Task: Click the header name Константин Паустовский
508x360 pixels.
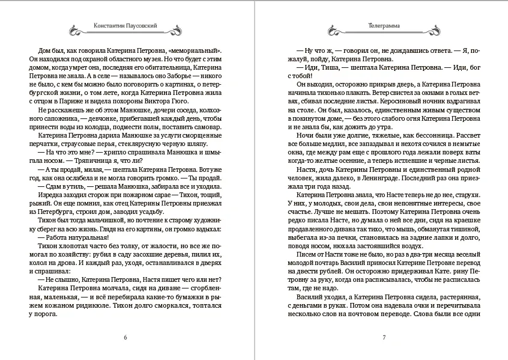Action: point(125,26)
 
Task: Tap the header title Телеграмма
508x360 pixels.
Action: point(384,26)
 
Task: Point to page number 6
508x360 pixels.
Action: point(125,337)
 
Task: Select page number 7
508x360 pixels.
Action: point(384,337)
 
